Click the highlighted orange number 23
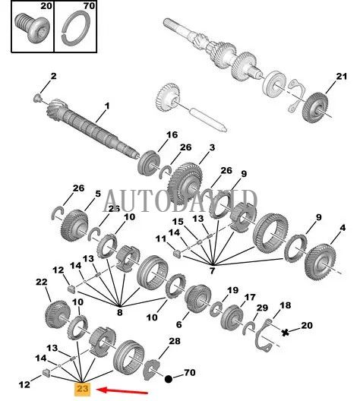82,389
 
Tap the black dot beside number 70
168,376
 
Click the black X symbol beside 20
285,333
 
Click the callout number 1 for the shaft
107,106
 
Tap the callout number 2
53,76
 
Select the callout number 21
340,76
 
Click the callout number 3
191,147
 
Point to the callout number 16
172,134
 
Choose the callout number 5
96,194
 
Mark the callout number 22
41,282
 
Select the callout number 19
232,289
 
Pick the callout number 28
174,343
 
